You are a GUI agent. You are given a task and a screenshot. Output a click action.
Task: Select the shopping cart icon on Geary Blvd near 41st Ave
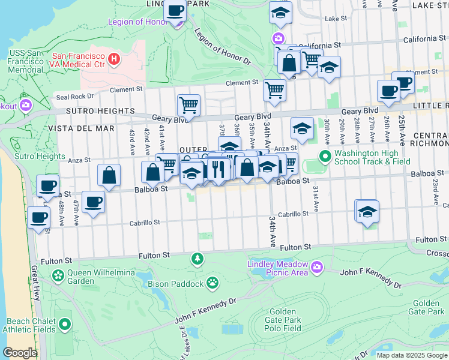(188, 106)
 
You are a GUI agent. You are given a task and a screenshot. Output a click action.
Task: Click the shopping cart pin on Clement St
(274, 90)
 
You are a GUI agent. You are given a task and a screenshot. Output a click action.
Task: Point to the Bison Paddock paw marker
(212, 282)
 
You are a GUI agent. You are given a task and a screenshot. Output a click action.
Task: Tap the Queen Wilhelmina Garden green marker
(58, 276)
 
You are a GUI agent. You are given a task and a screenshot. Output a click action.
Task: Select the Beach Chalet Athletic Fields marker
(65, 325)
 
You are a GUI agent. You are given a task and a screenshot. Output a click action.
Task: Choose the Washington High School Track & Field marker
(325, 157)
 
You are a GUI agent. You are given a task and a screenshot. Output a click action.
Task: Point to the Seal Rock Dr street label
(74, 96)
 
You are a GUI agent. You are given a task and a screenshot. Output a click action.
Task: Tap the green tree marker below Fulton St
(196, 259)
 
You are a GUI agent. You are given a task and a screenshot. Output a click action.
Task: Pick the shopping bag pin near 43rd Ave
(109, 175)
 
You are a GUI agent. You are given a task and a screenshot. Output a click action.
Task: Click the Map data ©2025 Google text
(412, 355)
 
